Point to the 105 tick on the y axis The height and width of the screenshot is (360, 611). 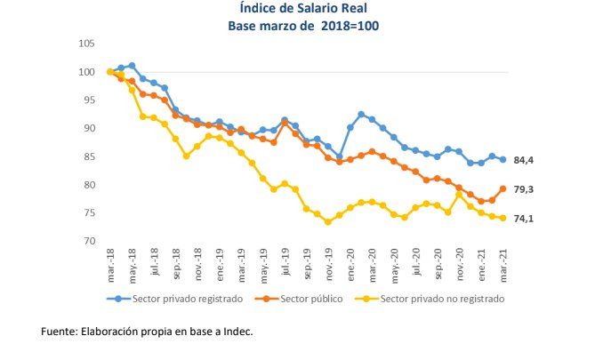pyautogui.click(x=86, y=44)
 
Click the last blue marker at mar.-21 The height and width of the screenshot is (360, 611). pyautogui.click(x=502, y=160)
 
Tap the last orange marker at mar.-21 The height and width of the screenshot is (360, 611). pyautogui.click(x=502, y=188)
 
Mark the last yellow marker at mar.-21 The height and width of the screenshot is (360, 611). pyautogui.click(x=502, y=218)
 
